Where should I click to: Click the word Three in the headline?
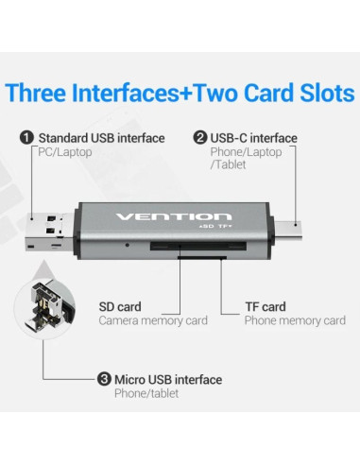click(36, 93)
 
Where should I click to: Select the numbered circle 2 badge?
click(199, 138)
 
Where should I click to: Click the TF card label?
click(267, 306)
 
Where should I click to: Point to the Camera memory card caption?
click(153, 320)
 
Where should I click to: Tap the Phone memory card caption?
click(294, 320)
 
